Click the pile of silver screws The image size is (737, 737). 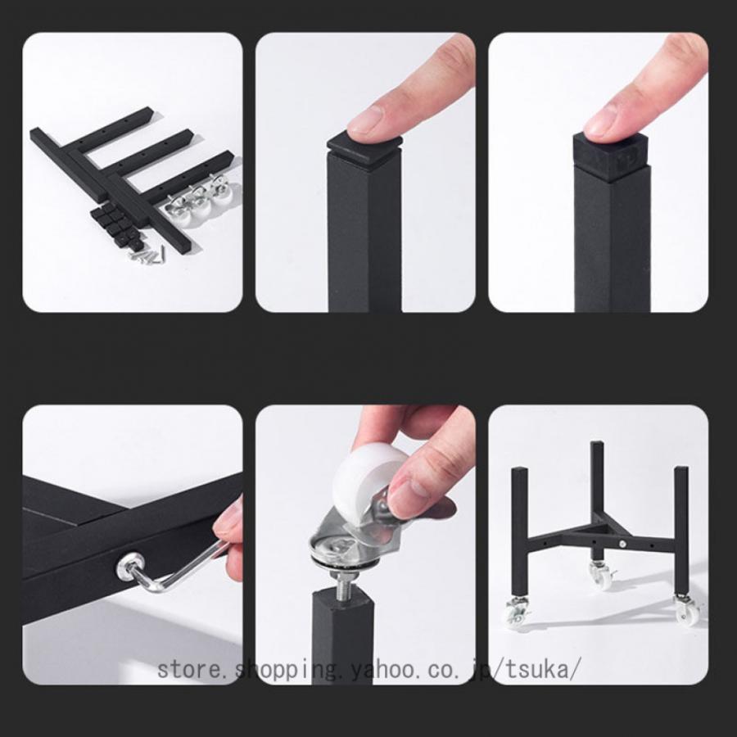147,256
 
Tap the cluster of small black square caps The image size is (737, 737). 112,223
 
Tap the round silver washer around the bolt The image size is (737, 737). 335,550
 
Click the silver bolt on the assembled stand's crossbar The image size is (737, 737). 623,545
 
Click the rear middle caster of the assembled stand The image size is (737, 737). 600,574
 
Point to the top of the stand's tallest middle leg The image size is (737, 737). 597,444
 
